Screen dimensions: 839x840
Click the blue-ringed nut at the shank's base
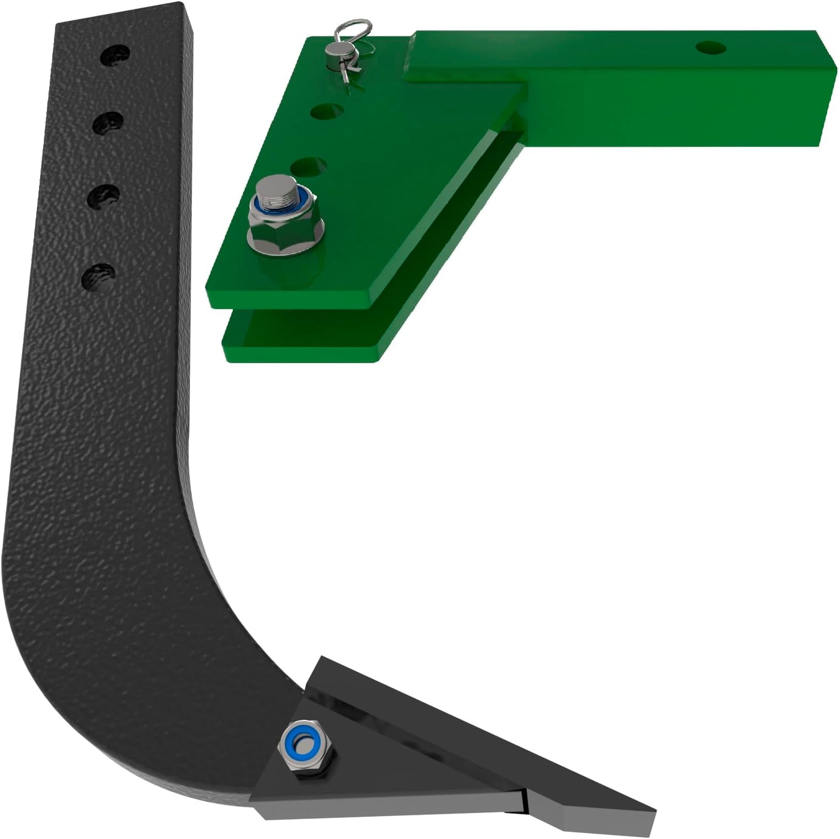pos(307,743)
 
